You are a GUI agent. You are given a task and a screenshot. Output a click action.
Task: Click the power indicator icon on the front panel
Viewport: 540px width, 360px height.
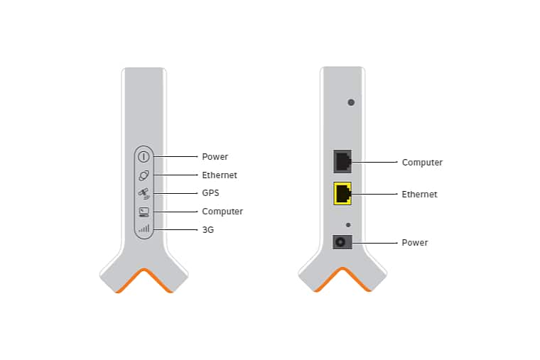144,157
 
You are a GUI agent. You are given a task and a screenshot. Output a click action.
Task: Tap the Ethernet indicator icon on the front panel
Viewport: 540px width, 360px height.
144,175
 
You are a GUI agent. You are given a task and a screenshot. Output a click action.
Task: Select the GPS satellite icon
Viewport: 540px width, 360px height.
144,193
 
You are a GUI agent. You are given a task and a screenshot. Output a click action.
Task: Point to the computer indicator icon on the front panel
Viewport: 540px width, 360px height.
144,212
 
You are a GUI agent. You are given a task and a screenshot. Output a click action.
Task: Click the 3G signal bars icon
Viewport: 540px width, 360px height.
144,229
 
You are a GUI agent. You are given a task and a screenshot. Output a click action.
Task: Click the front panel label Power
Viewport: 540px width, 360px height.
215,157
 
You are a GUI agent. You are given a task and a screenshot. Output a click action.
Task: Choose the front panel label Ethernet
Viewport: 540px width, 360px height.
220,175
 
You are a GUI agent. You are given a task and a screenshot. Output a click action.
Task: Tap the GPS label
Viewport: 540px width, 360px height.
210,192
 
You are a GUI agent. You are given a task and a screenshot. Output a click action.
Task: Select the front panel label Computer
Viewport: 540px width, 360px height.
222,212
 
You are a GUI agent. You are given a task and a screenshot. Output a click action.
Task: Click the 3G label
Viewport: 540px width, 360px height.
208,229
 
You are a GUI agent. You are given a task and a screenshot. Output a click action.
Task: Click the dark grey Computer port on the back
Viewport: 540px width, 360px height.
342,161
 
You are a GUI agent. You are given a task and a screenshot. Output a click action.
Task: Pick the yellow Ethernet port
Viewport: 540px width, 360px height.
342,193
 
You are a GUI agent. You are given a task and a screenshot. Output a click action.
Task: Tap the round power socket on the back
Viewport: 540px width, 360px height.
342,242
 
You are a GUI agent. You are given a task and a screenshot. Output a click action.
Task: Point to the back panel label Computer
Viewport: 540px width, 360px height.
422,162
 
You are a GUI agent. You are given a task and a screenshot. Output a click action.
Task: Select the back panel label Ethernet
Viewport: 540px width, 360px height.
419,194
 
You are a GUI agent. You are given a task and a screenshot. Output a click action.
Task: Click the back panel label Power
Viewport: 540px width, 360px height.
415,243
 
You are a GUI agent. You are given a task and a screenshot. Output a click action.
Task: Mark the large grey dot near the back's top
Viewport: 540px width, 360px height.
351,102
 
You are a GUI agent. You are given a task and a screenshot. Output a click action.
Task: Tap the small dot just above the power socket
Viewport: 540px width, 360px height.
348,225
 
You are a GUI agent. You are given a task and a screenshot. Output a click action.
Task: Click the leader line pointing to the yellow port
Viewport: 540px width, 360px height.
374,194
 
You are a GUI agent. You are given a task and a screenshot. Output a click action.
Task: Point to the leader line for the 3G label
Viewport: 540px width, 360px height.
175,229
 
